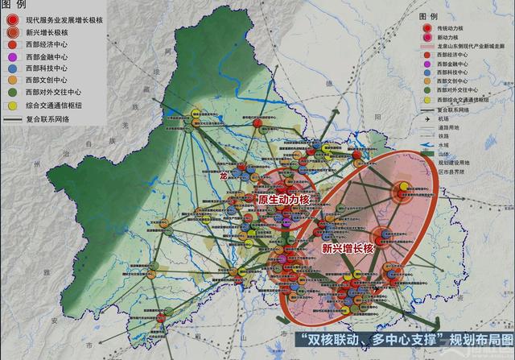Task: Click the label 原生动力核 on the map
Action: click(x=284, y=199)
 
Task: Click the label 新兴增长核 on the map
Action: click(x=348, y=249)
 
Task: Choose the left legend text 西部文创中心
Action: click(x=51, y=81)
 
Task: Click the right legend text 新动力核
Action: click(x=453, y=37)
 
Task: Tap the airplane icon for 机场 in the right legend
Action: click(x=426, y=118)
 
